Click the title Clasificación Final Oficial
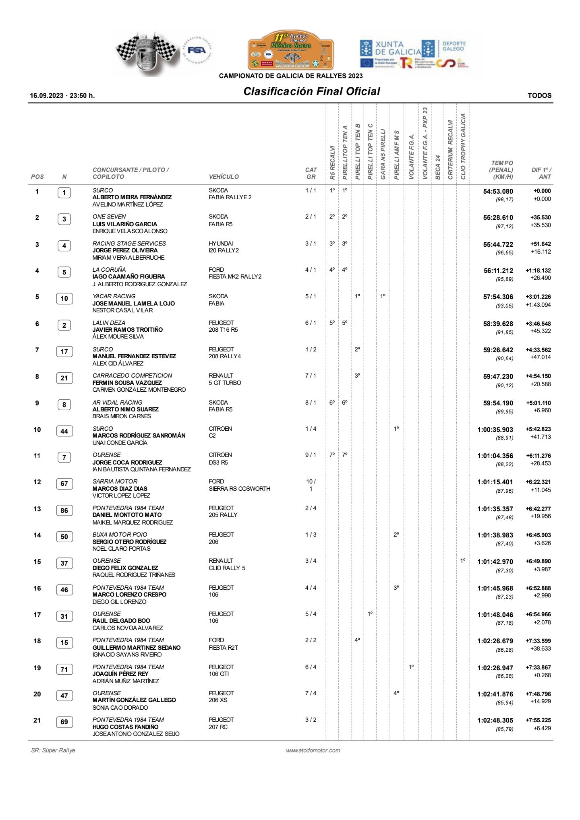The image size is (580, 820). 311,91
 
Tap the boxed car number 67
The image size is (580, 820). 64,483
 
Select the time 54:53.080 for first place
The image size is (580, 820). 498,191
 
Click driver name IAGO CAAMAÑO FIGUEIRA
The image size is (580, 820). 128,277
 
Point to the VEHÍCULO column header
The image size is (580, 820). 224,177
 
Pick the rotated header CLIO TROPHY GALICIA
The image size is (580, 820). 463,147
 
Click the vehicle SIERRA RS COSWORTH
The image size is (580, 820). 239,489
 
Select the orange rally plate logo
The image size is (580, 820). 290,50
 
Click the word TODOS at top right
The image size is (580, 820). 539,95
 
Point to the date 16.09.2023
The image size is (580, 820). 47,95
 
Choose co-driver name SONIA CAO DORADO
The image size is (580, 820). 120,708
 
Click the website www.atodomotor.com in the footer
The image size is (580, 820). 313,750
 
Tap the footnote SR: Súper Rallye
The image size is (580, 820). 53,750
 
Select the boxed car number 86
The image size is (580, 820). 64,510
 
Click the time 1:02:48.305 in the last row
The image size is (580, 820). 495,721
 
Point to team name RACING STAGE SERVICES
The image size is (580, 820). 129,244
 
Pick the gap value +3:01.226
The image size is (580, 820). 538,297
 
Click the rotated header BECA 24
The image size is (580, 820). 438,167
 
